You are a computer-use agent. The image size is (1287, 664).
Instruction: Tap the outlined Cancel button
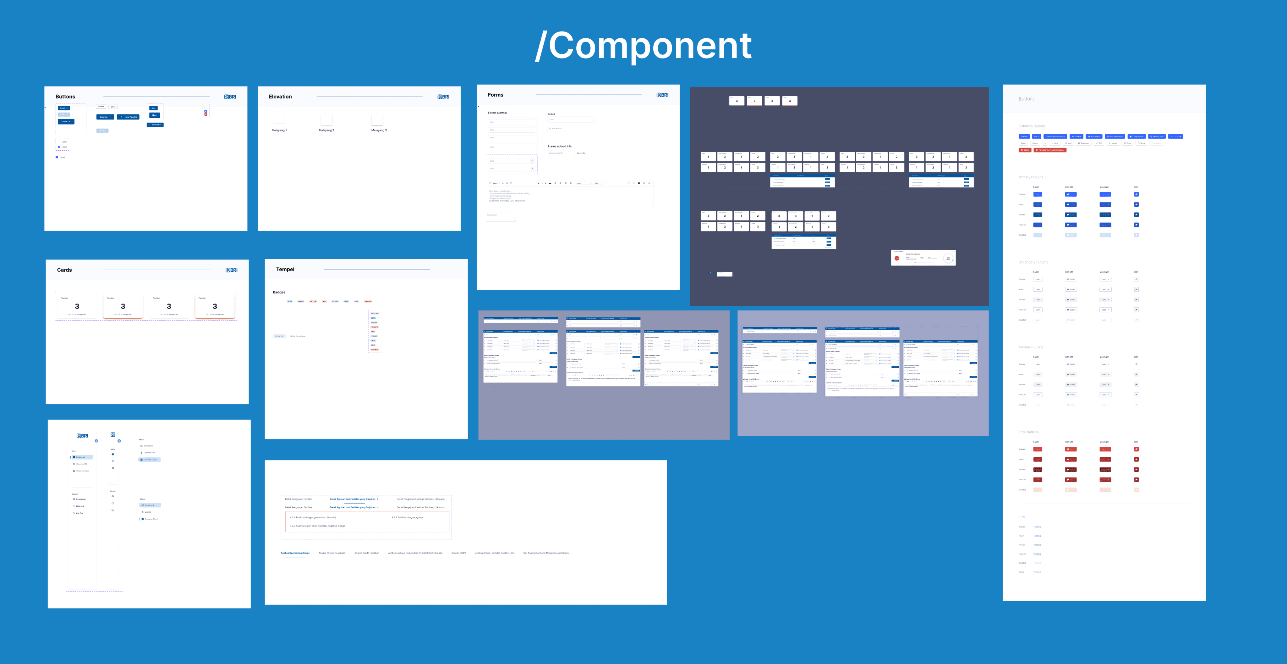tap(101, 107)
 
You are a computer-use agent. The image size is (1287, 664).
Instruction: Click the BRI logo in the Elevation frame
tap(443, 97)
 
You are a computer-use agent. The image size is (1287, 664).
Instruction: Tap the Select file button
tap(581, 153)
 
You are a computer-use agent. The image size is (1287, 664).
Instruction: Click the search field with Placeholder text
tap(562, 129)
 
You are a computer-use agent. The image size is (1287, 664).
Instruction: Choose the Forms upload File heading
tap(560, 147)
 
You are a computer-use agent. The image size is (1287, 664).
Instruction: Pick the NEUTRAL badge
tap(375, 314)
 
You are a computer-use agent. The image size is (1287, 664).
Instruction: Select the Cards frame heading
tap(64, 270)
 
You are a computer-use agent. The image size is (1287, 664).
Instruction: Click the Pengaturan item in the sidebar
tap(80, 499)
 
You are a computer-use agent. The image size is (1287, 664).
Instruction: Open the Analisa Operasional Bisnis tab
tap(295, 553)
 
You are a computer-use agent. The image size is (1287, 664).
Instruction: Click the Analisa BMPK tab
tap(459, 553)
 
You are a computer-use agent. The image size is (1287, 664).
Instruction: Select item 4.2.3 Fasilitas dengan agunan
tap(407, 517)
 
